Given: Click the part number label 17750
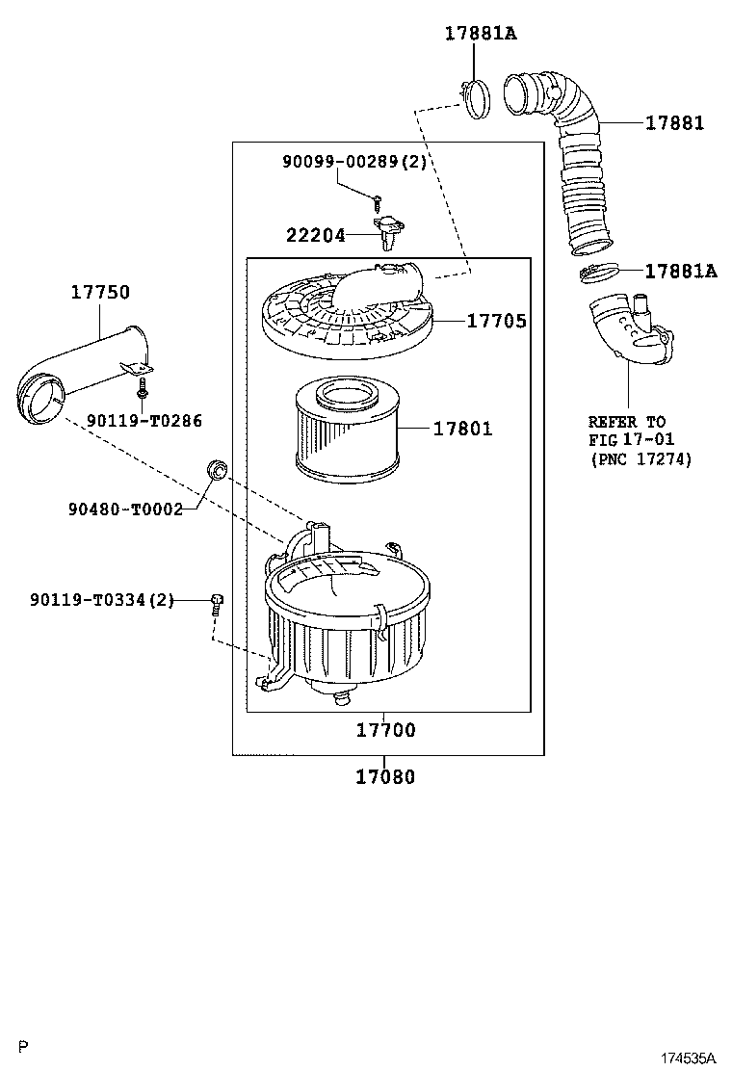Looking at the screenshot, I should click(x=99, y=292).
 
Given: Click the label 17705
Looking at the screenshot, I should click(x=496, y=321).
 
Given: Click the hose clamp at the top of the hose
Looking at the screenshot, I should click(x=475, y=97).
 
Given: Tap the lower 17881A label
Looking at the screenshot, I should click(x=680, y=272).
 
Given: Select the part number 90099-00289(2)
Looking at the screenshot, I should click(x=353, y=163).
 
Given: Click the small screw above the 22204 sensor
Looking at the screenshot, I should click(x=379, y=201).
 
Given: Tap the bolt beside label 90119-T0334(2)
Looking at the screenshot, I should click(x=217, y=604).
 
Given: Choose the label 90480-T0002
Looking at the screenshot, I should click(x=125, y=509).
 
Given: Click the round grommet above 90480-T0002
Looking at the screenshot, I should click(x=218, y=470).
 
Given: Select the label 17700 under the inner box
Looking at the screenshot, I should click(x=385, y=730).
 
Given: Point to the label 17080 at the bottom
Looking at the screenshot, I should click(x=385, y=776).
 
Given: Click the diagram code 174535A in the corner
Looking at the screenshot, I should click(x=688, y=1058).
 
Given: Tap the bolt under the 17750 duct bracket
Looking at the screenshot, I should click(x=142, y=389).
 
